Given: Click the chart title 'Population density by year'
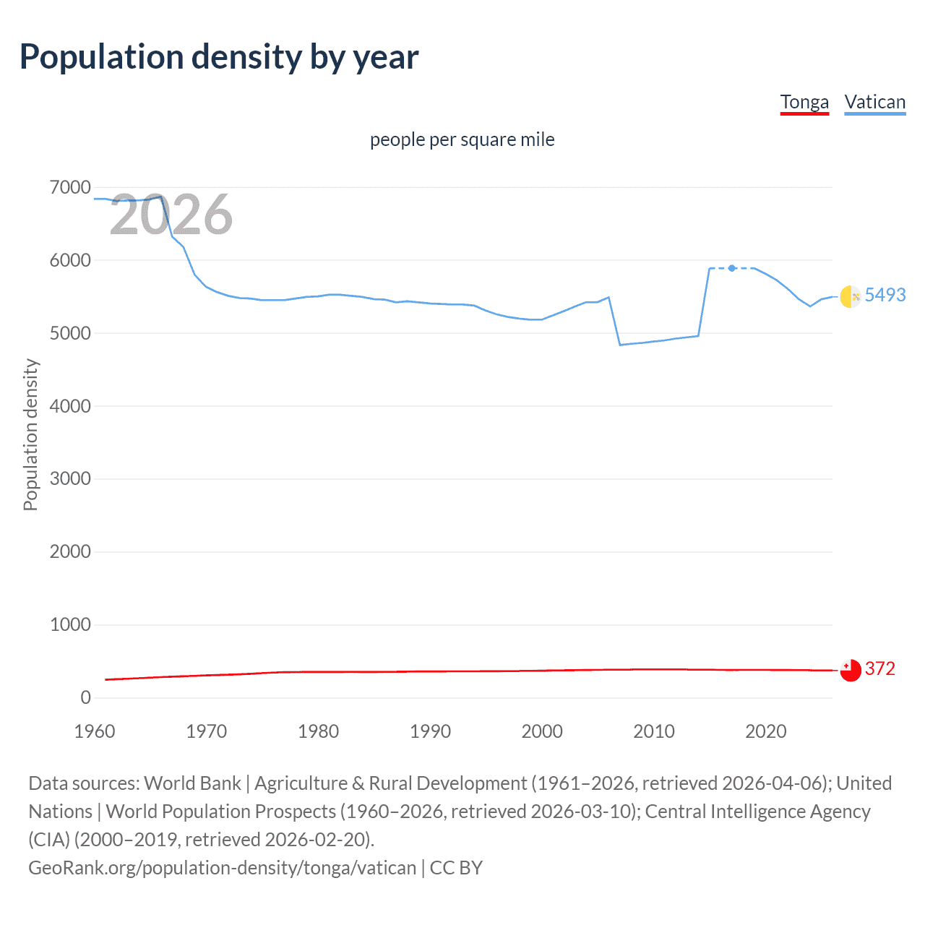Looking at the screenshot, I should [x=218, y=57].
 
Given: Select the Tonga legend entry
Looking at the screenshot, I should [x=804, y=102].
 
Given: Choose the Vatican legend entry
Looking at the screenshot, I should [x=874, y=102].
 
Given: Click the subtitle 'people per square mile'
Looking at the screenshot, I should [x=462, y=139].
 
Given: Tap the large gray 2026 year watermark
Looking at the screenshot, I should [x=171, y=215].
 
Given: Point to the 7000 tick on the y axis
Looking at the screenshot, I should [x=70, y=188].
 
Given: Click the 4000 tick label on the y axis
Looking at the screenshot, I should [x=70, y=406].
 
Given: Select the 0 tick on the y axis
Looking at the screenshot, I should [x=85, y=697].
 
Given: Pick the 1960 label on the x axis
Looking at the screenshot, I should [x=95, y=731].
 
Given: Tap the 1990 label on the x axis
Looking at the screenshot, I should [x=430, y=731].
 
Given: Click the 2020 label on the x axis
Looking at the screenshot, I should [x=765, y=731].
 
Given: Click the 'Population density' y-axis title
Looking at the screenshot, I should [x=30, y=435].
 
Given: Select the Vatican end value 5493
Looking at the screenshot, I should [x=885, y=295].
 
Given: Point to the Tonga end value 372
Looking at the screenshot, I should [x=879, y=668].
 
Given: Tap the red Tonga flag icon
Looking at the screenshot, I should [x=851, y=670].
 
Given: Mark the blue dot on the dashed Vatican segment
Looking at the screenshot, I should [x=732, y=268].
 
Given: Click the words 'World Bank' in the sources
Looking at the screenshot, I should [x=192, y=783].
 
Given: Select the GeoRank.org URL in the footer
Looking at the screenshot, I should [x=222, y=868].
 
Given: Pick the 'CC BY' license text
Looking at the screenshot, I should [x=456, y=868].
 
